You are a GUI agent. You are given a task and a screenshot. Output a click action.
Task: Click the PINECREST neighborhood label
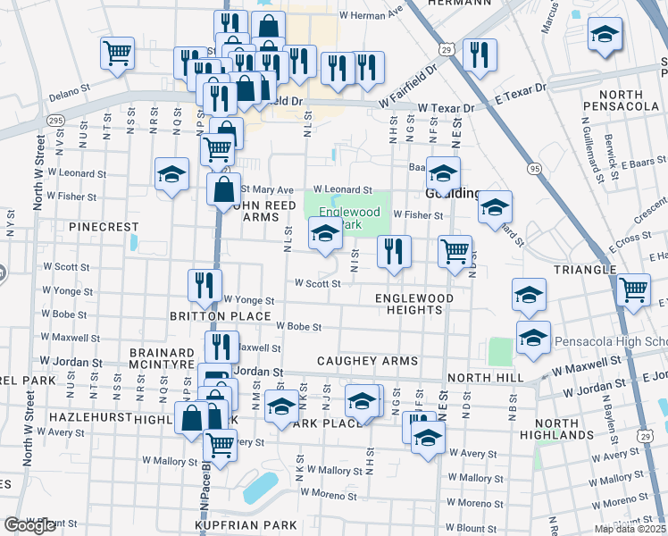click(x=105, y=227)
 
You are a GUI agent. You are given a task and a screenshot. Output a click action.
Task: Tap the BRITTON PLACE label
click(x=221, y=316)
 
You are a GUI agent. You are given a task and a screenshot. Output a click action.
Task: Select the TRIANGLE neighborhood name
click(x=585, y=269)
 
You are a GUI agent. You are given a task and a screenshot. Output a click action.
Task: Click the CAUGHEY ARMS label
click(x=367, y=361)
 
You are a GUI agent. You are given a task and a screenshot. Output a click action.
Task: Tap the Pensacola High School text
click(x=611, y=342)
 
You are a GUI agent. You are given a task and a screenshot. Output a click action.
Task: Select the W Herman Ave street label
click(x=372, y=15)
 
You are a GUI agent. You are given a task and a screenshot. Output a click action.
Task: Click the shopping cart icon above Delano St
click(x=117, y=53)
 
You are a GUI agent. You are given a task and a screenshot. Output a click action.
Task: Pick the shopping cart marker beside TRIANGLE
click(x=633, y=289)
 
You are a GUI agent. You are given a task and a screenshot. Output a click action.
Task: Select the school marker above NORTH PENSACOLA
click(x=605, y=35)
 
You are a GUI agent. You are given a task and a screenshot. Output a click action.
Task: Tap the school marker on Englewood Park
click(x=325, y=234)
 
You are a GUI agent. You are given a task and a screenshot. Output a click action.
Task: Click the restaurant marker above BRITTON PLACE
click(x=205, y=284)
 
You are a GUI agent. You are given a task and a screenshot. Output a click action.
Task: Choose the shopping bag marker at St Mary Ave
click(x=223, y=189)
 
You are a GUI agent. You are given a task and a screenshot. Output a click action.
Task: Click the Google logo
click(x=30, y=525)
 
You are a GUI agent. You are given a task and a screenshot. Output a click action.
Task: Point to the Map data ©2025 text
click(x=630, y=528)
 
